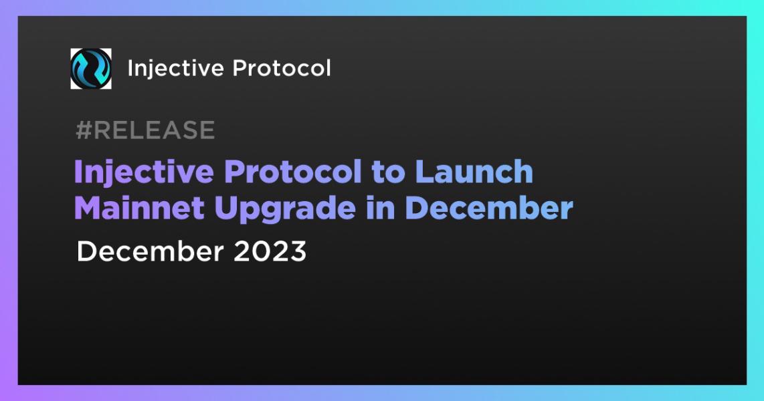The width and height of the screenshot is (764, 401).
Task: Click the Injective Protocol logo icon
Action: pos(91,68)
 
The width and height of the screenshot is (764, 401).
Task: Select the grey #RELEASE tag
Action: pos(145,130)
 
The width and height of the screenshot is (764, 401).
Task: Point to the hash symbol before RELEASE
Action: pos(83,130)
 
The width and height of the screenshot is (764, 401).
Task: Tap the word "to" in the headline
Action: pos(388,172)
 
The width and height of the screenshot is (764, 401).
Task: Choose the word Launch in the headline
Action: pos(474,172)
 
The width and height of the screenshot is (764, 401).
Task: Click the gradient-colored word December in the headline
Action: pos(488,209)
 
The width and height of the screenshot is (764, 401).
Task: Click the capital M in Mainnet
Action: pos(87,209)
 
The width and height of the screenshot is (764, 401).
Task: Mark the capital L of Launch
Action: pos(422,172)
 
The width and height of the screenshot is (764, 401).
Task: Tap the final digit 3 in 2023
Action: pos(298,252)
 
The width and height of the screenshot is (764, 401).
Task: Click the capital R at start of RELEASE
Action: pos(101,130)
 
